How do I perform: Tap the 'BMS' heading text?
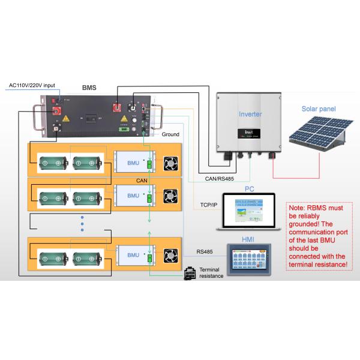click(x=90, y=87)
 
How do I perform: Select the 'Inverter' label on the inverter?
click(x=250, y=114)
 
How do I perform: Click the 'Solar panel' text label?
click(x=318, y=109)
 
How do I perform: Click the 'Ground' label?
click(x=170, y=134)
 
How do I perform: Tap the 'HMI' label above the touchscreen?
click(x=247, y=240)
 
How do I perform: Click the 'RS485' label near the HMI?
click(x=205, y=252)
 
